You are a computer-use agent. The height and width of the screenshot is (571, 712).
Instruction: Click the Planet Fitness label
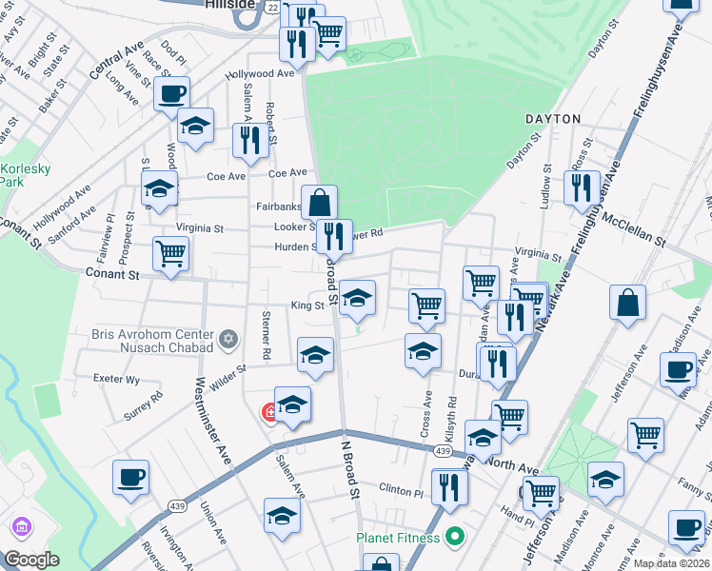pyautogui.click(x=398, y=538)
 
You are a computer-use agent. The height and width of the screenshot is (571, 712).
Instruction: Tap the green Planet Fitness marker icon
pyautogui.click(x=454, y=538)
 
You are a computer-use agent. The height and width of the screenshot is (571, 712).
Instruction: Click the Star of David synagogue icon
pyautogui.click(x=228, y=339)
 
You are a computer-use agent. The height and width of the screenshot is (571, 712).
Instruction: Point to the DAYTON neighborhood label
pyautogui.click(x=552, y=119)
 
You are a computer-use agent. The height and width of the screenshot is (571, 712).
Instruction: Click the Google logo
pyautogui.click(x=32, y=559)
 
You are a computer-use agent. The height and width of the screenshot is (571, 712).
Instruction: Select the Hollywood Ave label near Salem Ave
pyautogui.click(x=260, y=73)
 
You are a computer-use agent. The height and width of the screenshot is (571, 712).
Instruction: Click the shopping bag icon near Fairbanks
pyautogui.click(x=320, y=201)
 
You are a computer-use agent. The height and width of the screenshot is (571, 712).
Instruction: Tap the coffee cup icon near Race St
pyautogui.click(x=171, y=93)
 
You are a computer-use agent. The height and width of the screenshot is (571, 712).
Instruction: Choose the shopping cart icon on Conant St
pyautogui.click(x=171, y=253)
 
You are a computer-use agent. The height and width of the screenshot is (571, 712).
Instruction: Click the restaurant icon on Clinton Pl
pyautogui.click(x=449, y=486)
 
